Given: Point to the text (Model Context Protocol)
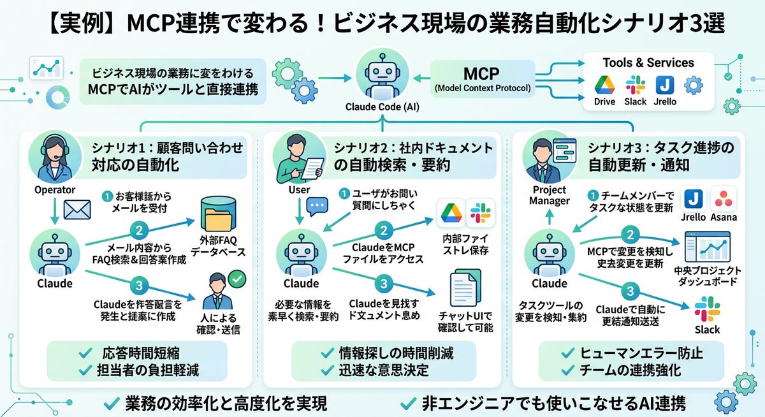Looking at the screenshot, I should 482,88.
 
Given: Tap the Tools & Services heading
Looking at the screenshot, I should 648,62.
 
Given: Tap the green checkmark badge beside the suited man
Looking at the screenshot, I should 237,279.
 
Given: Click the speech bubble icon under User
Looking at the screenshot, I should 317,206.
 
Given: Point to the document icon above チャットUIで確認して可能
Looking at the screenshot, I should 465,288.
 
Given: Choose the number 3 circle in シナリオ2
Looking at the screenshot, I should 383,282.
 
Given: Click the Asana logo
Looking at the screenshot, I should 722,198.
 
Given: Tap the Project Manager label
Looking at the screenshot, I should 549,195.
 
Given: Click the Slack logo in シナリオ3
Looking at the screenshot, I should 706,309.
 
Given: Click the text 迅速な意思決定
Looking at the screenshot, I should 384,369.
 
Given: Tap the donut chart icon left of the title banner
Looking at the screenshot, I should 58,96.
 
